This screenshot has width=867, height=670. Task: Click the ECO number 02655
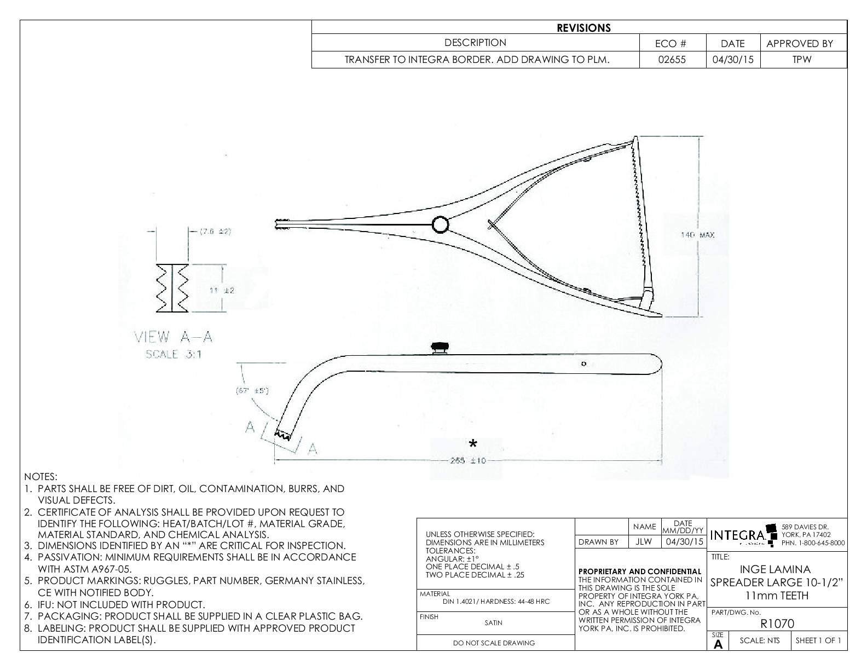(673, 60)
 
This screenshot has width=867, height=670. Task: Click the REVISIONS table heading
(583, 28)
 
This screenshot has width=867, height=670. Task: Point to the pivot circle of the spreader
(441, 224)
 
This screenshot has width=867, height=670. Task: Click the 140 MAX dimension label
(697, 235)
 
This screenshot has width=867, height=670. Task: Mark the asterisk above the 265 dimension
(473, 444)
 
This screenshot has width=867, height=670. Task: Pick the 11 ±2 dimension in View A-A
(222, 290)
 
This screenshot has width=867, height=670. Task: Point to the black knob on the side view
(440, 347)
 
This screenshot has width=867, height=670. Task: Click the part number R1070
(777, 623)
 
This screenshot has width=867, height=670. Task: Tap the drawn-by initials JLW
(644, 542)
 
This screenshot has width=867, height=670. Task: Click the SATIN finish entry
(493, 622)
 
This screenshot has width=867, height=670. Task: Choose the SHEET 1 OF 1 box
(818, 640)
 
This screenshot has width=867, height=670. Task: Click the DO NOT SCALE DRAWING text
(494, 643)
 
